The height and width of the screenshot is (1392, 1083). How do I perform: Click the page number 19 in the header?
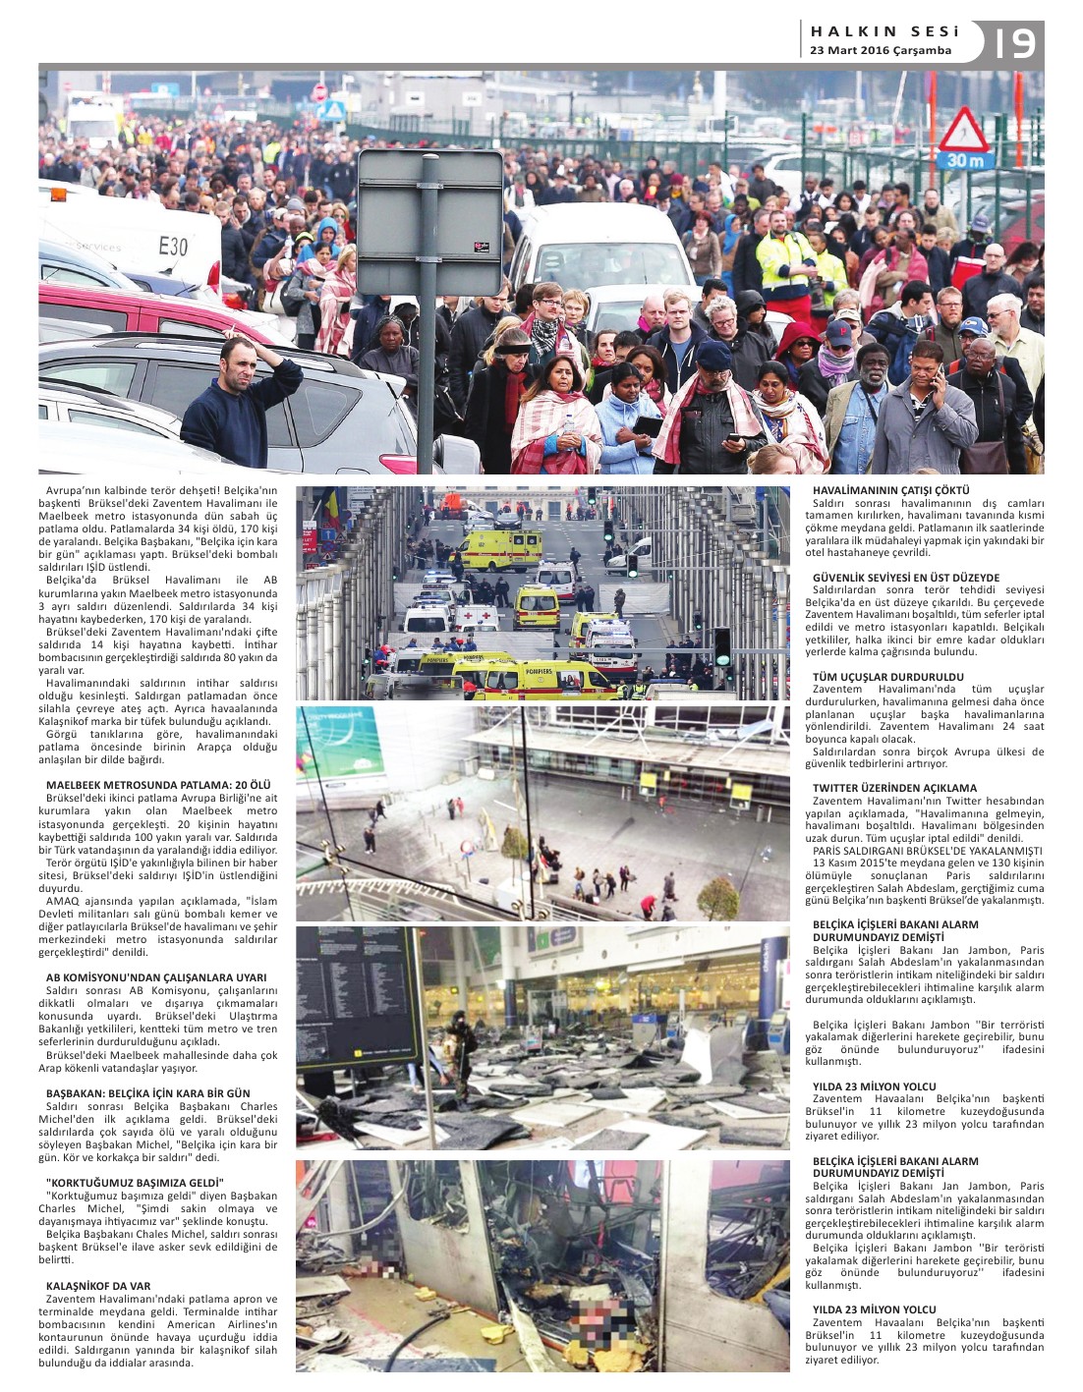pyautogui.click(x=1014, y=42)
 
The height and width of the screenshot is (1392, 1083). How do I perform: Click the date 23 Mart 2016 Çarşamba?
pyautogui.click(x=880, y=50)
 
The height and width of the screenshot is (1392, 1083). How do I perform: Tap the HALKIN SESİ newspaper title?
pyautogui.click(x=883, y=31)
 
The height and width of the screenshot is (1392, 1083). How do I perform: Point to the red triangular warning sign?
pyautogui.click(x=964, y=129)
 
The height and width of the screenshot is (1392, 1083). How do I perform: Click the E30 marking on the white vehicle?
pyautogui.click(x=173, y=246)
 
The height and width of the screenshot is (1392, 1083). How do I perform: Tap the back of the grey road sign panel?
pyautogui.click(x=429, y=222)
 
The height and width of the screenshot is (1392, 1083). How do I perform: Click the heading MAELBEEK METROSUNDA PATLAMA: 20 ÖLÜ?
pyautogui.click(x=157, y=784)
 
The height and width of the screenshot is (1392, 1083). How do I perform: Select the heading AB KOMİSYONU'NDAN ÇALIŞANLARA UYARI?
pyautogui.click(x=156, y=977)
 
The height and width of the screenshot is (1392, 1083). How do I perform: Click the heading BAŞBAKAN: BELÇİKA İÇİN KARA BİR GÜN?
pyautogui.click(x=148, y=1093)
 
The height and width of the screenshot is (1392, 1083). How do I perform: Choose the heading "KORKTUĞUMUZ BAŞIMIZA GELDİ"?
pyautogui.click(x=135, y=1182)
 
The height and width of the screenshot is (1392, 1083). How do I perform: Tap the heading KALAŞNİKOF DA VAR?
pyautogui.click(x=98, y=1285)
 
